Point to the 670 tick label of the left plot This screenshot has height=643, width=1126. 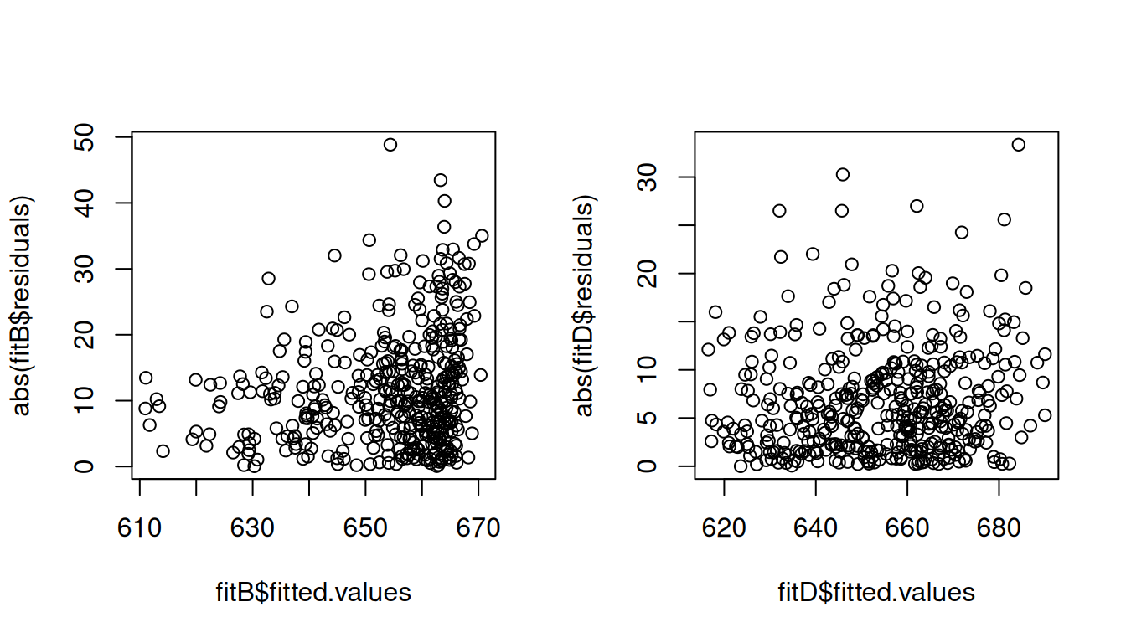point(478,528)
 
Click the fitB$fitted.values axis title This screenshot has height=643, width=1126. point(313,593)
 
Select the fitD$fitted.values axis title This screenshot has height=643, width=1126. point(876,593)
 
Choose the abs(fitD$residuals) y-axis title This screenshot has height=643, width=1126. point(585,306)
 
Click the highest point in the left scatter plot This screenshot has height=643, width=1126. point(390,145)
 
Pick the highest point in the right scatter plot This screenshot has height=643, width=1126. point(1018,145)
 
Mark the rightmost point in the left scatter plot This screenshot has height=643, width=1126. point(482,236)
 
